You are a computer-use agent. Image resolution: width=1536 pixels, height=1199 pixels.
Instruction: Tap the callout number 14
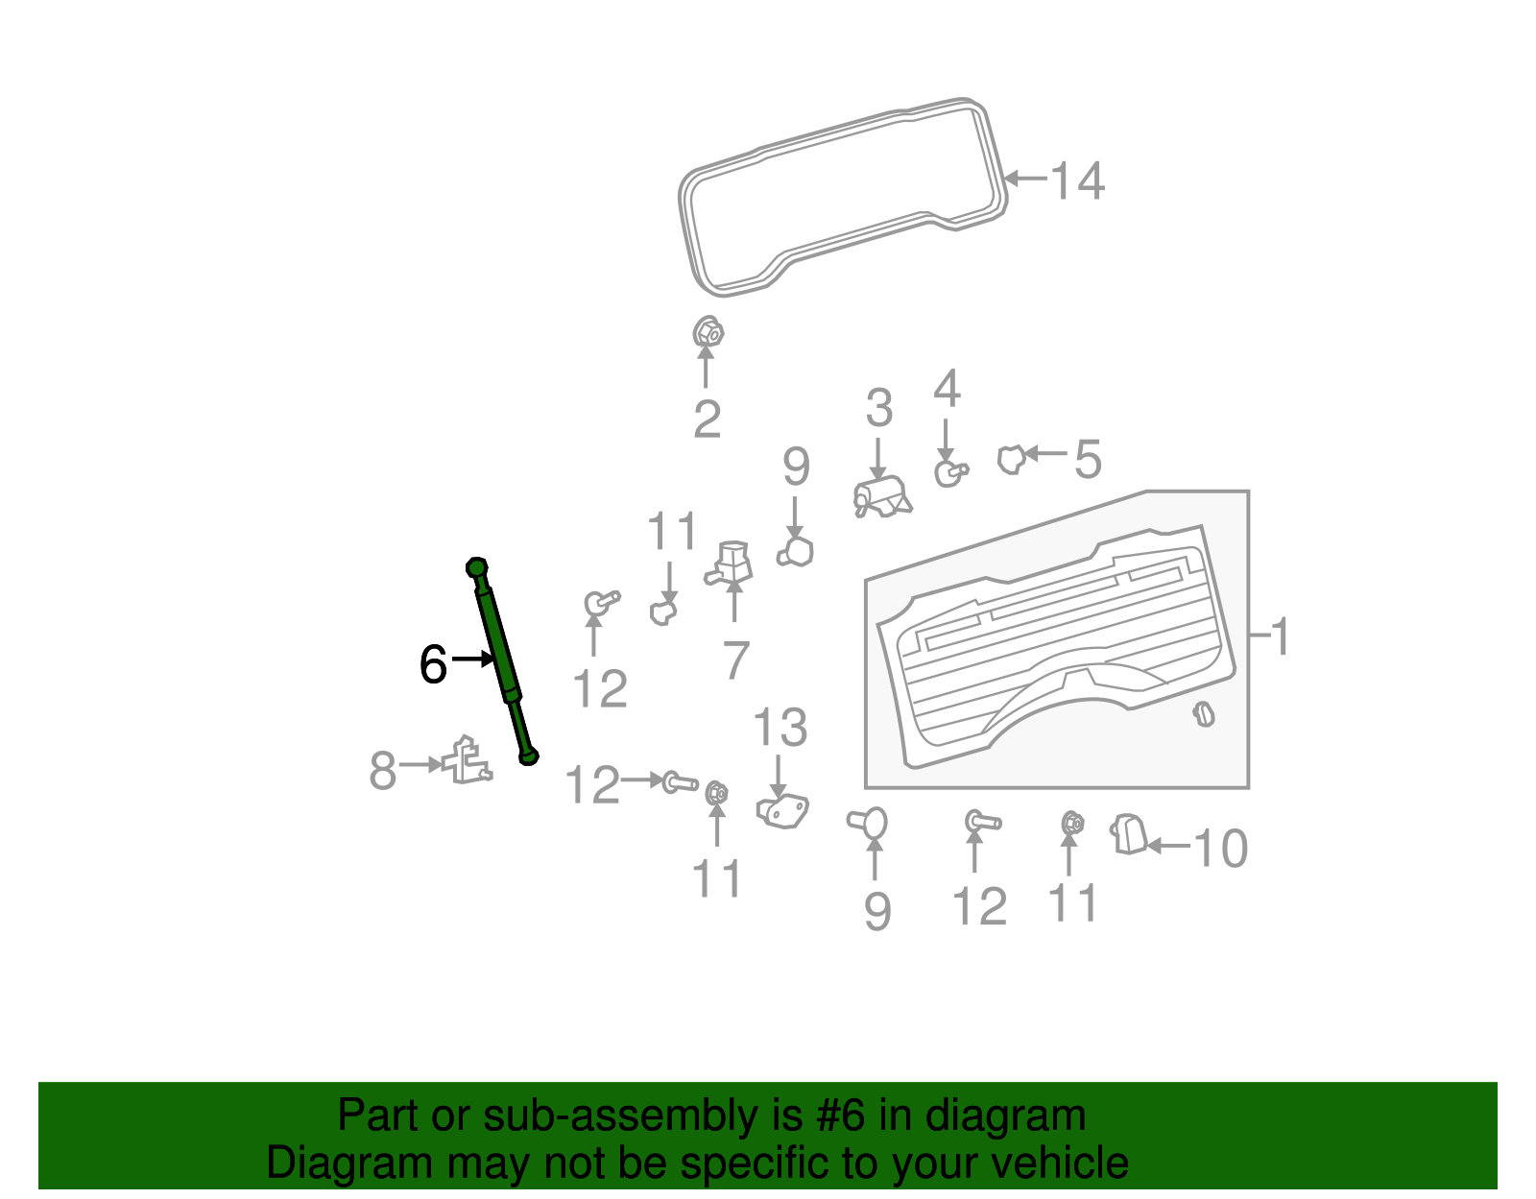pos(1077,180)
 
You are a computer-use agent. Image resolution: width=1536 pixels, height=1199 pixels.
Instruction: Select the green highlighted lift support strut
pos(503,660)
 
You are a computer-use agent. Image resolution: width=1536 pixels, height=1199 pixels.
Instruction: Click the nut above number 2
pos(708,331)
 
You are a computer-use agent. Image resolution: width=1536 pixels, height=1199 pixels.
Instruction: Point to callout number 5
pos(1088,459)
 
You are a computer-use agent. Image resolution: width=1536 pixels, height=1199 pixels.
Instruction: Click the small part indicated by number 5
pos(1012,460)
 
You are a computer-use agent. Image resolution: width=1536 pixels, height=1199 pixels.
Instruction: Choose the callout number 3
pos(879,408)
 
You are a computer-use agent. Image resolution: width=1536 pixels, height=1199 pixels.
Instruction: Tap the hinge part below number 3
pos(882,496)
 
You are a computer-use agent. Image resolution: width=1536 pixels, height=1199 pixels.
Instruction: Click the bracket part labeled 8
pos(467,760)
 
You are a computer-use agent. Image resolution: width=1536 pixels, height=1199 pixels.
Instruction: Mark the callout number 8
pos(382,770)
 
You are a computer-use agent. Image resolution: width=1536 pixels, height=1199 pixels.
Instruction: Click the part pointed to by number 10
pos(1129,834)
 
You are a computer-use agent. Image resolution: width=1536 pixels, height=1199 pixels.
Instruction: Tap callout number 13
pos(780,727)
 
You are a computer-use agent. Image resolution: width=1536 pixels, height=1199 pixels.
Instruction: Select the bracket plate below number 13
pos(782,811)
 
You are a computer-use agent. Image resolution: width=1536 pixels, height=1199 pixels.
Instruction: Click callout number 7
pos(735,660)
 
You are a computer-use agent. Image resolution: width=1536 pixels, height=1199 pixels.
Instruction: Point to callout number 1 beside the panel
pos(1280,636)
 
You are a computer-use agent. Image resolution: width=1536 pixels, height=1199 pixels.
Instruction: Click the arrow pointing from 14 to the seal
pos(1025,178)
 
